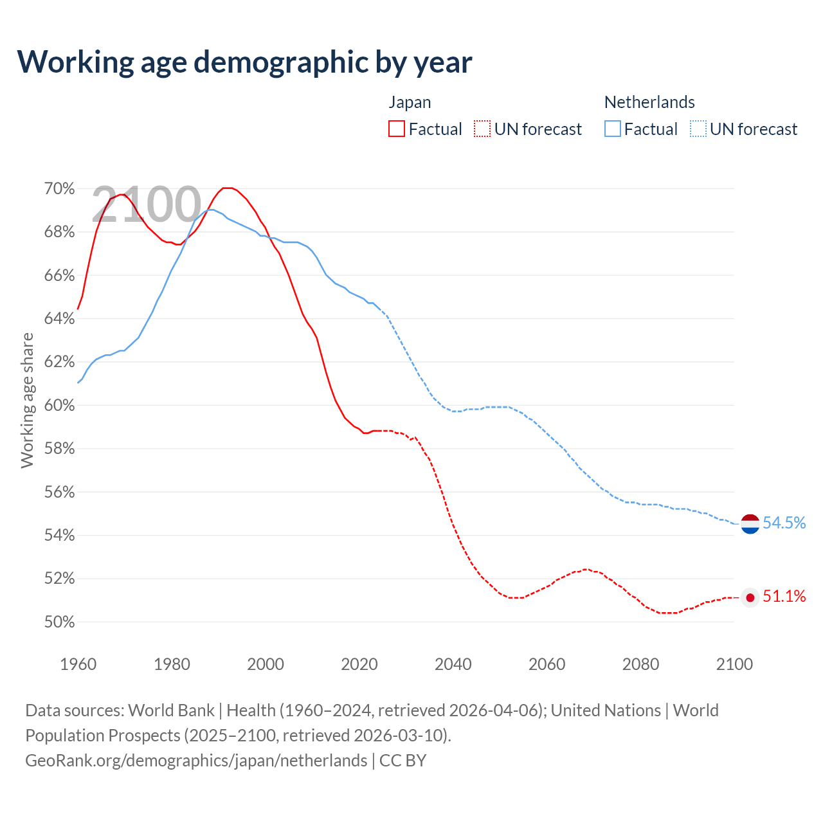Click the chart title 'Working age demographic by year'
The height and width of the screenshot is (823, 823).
click(244, 62)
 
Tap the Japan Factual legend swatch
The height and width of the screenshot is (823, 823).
click(397, 129)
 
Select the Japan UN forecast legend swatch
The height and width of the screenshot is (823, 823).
click(482, 129)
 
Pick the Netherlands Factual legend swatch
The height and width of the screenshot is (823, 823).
click(613, 129)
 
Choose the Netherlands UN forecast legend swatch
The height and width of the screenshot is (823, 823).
click(698, 129)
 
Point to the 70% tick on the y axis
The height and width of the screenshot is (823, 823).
click(59, 188)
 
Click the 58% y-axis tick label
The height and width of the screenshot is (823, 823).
click(59, 449)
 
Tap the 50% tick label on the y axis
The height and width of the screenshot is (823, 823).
click(59, 622)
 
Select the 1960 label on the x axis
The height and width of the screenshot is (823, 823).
click(78, 664)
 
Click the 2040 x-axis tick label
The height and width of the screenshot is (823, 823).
click(453, 664)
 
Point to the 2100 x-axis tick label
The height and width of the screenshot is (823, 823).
click(734, 664)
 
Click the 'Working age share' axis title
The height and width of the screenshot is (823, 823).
click(27, 400)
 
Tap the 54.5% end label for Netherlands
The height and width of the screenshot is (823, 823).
click(784, 523)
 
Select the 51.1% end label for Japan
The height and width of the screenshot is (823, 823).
click(784, 597)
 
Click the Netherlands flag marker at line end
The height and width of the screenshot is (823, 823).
click(750, 524)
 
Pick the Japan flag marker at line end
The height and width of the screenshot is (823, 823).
click(750, 598)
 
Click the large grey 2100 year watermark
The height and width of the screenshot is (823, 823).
click(147, 204)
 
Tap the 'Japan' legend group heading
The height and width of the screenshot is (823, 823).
click(410, 102)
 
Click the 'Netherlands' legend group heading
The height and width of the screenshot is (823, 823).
click(649, 102)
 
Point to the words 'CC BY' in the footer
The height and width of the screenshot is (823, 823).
click(403, 761)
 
